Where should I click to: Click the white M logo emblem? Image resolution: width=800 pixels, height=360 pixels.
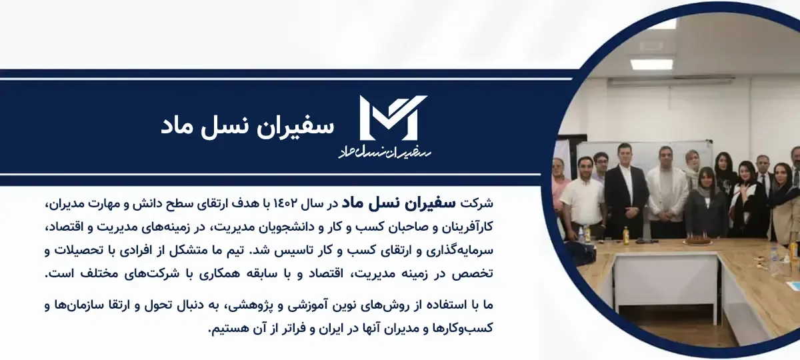(393, 117)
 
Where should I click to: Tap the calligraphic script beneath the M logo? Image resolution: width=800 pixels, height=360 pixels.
(385, 152)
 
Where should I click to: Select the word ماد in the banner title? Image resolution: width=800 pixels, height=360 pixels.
(179, 127)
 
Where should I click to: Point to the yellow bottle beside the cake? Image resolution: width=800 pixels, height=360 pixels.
(626, 236)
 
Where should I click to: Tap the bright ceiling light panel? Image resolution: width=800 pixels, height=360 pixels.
(652, 64)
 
